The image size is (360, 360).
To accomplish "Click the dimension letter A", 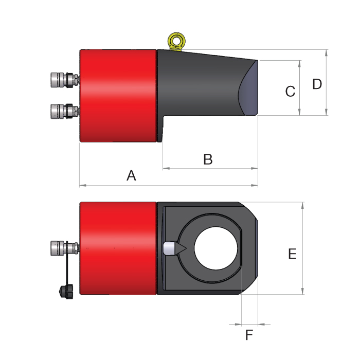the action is point(131,176).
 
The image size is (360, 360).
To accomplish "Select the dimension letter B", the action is point(208,159).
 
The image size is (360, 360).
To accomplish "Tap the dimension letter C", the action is point(290,92).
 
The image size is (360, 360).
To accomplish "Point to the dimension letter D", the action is point(317,84).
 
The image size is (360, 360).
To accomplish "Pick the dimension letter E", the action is point(292,254).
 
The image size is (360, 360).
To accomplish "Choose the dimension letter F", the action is point(249,335).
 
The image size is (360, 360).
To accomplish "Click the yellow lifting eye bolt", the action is point(176,41).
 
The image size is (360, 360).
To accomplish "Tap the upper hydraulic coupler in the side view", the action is point(65,80).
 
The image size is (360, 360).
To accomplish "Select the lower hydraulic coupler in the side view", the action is point(65,112).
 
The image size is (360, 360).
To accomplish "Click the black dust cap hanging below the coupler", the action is point(66,292).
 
